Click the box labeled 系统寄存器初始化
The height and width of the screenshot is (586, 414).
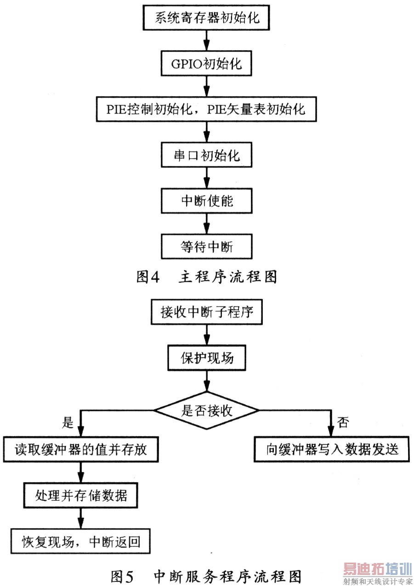pyautogui.click(x=206, y=19)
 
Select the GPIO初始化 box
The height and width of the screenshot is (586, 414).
pyautogui.click(x=206, y=64)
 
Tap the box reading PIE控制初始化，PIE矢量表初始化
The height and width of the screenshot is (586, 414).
pyautogui.click(x=206, y=110)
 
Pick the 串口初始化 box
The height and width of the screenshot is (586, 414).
pyautogui.click(x=206, y=155)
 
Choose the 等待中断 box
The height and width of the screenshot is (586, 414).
pyautogui.click(x=206, y=247)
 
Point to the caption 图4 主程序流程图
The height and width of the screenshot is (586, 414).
pyautogui.click(x=207, y=276)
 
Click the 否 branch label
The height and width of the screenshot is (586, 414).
pyautogui.click(x=343, y=421)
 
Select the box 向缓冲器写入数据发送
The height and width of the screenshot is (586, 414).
pyautogui.click(x=331, y=449)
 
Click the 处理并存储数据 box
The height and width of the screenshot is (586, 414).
pyautogui.click(x=81, y=495)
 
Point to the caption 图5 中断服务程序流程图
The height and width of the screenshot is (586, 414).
pyautogui.click(x=207, y=575)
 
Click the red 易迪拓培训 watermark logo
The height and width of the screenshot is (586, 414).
pyautogui.click(x=377, y=570)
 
